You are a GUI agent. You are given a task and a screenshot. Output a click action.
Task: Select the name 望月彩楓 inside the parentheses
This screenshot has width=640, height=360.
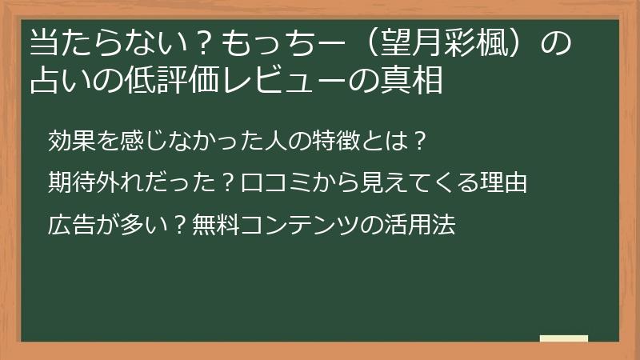point(446,43)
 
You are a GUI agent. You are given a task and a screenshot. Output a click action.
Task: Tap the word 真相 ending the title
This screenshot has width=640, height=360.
point(411,80)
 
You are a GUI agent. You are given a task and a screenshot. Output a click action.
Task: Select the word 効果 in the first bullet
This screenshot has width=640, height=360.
point(72,141)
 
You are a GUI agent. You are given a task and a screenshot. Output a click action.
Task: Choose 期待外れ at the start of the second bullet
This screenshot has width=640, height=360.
point(96,182)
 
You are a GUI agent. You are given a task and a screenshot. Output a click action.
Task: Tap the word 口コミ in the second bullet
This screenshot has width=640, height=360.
point(277,182)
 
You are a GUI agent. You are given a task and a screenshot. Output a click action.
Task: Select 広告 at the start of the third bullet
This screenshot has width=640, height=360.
point(72,225)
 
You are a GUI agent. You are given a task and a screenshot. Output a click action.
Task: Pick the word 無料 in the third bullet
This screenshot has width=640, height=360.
point(215,225)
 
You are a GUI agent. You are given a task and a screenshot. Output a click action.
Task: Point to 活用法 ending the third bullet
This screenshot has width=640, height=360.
point(420,225)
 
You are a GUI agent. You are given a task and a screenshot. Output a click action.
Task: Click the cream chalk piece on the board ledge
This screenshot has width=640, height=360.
point(564,338)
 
